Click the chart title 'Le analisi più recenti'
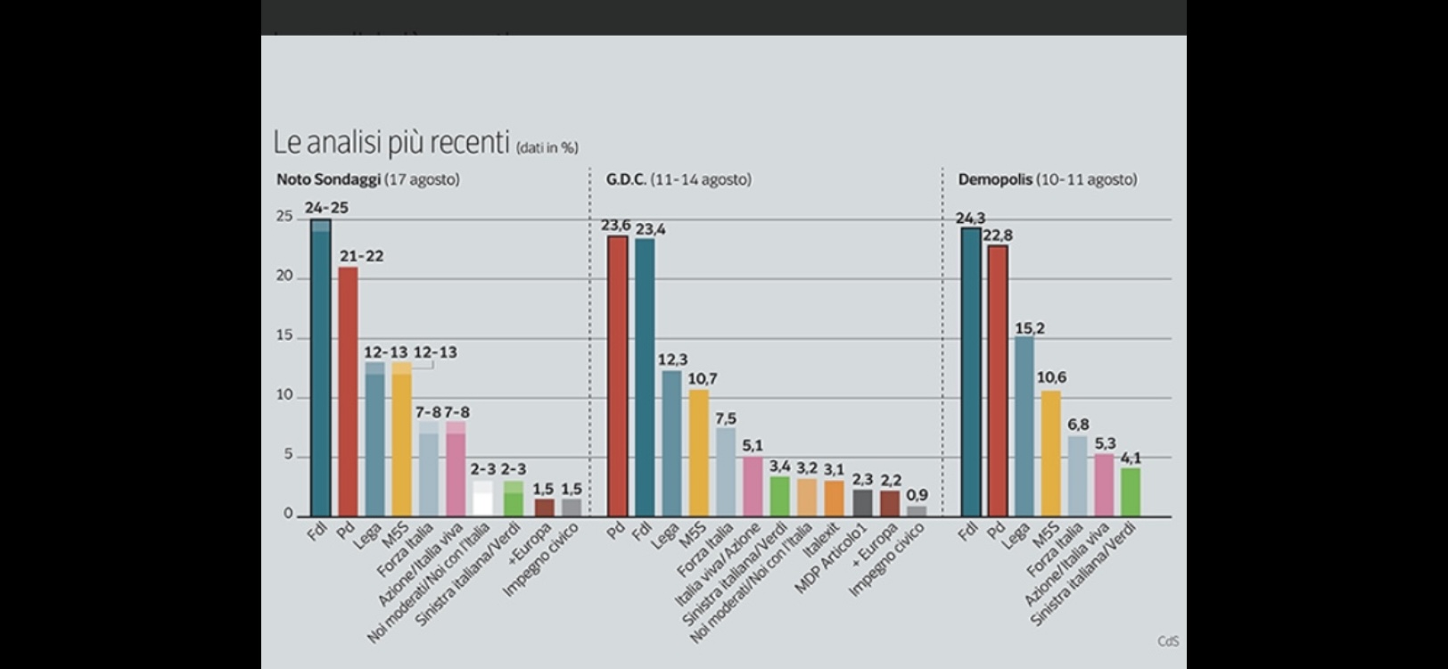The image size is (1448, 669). pyautogui.click(x=391, y=143)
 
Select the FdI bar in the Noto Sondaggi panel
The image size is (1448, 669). pyautogui.click(x=320, y=368)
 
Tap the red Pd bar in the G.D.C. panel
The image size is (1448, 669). pyautogui.click(x=617, y=376)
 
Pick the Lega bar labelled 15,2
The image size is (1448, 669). pyautogui.click(x=1024, y=426)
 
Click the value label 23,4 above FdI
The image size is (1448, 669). pyautogui.click(x=651, y=229)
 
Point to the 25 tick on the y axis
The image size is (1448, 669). pyautogui.click(x=284, y=217)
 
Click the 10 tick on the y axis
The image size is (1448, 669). pyautogui.click(x=284, y=395)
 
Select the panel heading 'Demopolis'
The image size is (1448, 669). pyautogui.click(x=994, y=179)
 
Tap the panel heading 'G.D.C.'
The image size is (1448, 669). pyautogui.click(x=626, y=179)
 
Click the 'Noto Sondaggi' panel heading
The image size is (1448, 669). pyautogui.click(x=329, y=179)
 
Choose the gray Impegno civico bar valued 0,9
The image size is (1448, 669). pyautogui.click(x=917, y=511)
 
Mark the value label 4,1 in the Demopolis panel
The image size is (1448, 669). pyautogui.click(x=1131, y=458)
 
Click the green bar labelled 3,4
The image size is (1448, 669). pyautogui.click(x=780, y=496)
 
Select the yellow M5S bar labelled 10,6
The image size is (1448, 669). pyautogui.click(x=1051, y=453)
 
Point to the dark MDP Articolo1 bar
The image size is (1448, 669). pyautogui.click(x=862, y=502)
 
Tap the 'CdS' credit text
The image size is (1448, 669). pyautogui.click(x=1168, y=641)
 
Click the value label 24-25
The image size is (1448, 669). pyautogui.click(x=326, y=208)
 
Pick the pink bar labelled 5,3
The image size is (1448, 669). pyautogui.click(x=1105, y=484)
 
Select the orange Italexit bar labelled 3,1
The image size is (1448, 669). pyautogui.click(x=835, y=498)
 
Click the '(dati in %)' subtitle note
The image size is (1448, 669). pyautogui.click(x=547, y=148)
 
